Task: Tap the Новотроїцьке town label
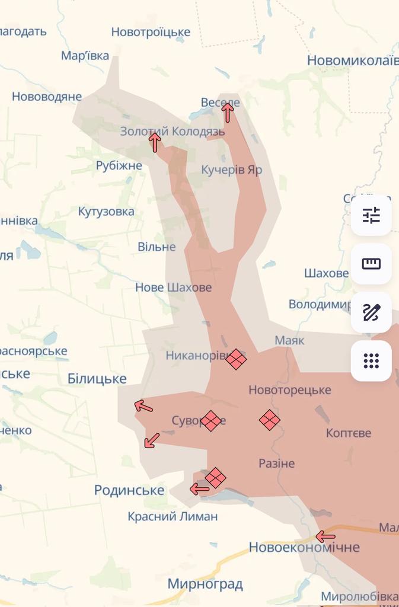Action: coord(151,32)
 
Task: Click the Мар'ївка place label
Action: coord(85,56)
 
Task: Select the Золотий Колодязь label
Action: coord(172,132)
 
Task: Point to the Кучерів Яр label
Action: coord(231,170)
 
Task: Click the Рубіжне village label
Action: coord(119,165)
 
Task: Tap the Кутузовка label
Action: coord(106,212)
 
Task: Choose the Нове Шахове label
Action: coord(173,287)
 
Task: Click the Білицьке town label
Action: coord(97,378)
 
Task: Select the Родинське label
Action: coord(129,490)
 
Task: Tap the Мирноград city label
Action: coord(205,584)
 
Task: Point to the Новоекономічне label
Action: coord(304,547)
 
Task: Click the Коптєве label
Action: coord(349,433)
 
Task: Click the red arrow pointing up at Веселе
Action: coord(227,111)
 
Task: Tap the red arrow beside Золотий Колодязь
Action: coord(155,142)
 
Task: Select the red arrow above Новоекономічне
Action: coord(325,536)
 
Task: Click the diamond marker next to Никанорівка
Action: coord(236,359)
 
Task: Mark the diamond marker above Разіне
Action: coord(270,420)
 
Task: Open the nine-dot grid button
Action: coord(371,360)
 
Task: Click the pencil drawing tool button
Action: coord(371,312)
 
